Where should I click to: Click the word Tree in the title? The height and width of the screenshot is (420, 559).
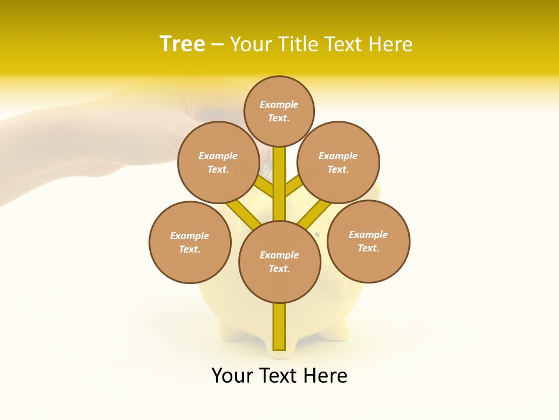tap(182, 44)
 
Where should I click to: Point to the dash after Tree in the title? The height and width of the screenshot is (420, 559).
tap(217, 45)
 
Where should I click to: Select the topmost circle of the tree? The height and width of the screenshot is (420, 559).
tap(279, 111)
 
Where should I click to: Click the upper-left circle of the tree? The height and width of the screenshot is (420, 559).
tap(218, 162)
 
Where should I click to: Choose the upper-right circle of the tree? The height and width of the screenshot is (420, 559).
tap(338, 162)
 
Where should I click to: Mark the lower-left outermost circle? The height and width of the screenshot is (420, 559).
tap(190, 242)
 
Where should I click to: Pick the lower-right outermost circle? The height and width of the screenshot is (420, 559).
tap(368, 241)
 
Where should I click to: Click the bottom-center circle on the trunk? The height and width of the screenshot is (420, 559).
tap(279, 261)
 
